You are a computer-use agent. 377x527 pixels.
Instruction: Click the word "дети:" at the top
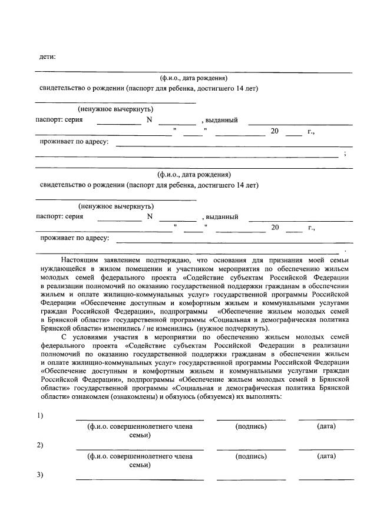click(47, 56)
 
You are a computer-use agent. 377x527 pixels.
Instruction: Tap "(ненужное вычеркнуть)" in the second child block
click(116, 206)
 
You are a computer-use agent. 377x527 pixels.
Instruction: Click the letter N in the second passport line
click(150, 216)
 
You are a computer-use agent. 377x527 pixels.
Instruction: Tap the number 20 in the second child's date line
click(275, 227)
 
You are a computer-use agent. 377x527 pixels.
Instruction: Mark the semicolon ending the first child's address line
click(345, 154)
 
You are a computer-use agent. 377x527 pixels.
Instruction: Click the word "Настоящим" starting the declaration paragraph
click(81, 259)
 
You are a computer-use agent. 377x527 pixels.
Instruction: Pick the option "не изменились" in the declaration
click(174, 328)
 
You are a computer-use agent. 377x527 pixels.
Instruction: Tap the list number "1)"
click(40, 415)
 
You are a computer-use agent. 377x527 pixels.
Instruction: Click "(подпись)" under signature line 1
click(251, 425)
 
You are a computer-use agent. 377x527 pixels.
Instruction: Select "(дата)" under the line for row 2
click(326, 456)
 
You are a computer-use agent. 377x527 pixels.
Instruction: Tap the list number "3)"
click(40, 475)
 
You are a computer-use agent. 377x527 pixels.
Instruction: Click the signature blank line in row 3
click(251, 479)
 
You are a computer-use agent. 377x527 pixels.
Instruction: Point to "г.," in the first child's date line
click(311, 131)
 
